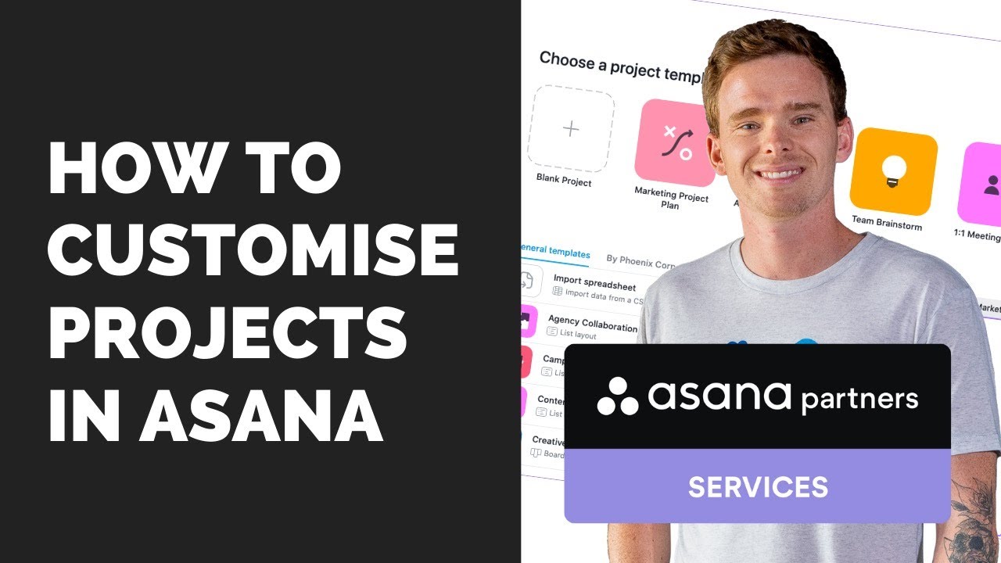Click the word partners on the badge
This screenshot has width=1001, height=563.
[x=859, y=400]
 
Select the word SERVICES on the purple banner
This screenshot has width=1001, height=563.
[x=757, y=486]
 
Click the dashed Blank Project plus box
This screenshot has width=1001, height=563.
[x=570, y=129]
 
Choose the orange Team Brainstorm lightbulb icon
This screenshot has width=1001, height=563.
[x=893, y=171]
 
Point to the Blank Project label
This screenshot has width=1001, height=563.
[x=563, y=181]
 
